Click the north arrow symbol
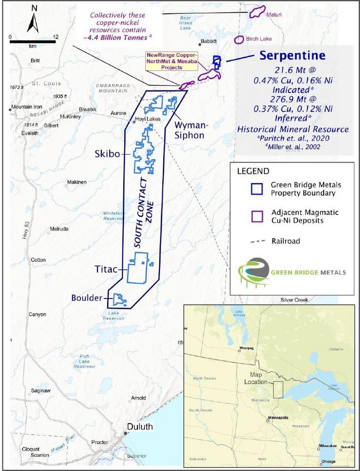[34, 21]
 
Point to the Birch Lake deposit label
[261, 39]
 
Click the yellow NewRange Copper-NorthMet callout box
[172, 61]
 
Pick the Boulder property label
[87, 298]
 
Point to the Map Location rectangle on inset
[278, 390]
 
